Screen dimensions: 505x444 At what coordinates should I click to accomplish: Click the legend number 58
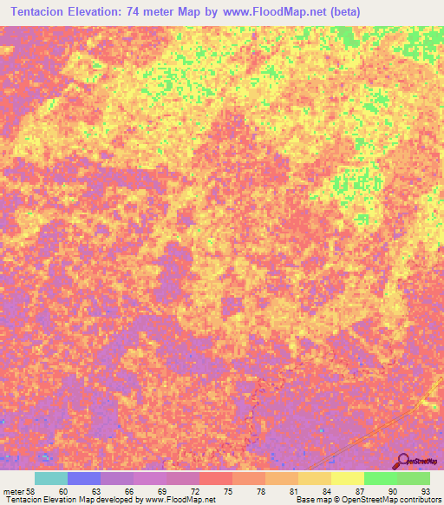tap(30, 491)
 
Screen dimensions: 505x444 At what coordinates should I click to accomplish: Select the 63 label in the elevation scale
tap(84, 491)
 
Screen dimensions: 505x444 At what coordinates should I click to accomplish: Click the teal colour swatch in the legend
tap(51, 478)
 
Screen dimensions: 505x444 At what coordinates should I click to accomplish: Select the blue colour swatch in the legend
tap(84, 478)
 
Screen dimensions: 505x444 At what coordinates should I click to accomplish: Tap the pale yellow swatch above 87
tap(348, 478)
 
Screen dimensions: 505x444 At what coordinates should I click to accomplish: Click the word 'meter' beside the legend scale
tap(13, 491)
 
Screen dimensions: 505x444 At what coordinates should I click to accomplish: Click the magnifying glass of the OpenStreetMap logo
tap(402, 461)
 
